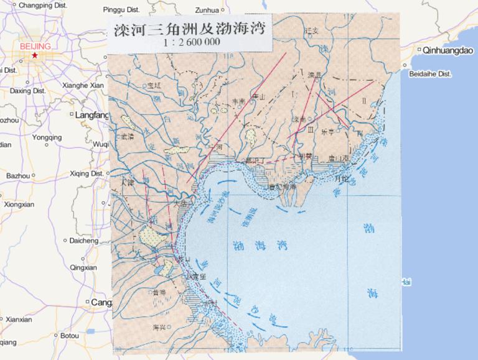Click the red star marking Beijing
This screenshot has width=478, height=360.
click(35, 55)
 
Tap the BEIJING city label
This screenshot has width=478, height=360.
click(35, 46)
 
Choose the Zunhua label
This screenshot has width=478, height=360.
click(207, 10)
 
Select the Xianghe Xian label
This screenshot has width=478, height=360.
click(83, 85)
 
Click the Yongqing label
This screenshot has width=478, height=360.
click(47, 137)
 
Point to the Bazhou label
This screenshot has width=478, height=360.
click(18, 176)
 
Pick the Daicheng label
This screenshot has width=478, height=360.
click(84, 241)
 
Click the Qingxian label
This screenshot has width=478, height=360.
click(84, 267)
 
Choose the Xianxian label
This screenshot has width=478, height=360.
click(19, 320)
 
